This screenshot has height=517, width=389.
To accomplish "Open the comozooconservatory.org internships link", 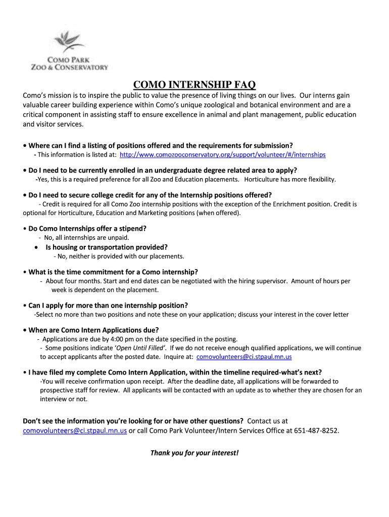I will (x=222, y=154).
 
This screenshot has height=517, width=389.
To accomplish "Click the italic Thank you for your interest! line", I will (x=194, y=452).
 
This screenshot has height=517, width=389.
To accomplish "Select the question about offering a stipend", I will (x=87, y=228).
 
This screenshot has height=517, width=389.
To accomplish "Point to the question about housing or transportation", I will (x=106, y=247).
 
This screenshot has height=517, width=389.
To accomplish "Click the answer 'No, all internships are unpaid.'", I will (x=86, y=237).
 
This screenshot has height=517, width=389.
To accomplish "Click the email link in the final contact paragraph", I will (x=75, y=431).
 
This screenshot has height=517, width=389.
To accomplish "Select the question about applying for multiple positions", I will (x=108, y=305).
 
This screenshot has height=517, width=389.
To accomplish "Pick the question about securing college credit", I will (x=150, y=195).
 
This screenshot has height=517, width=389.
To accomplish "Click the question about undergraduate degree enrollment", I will (x=162, y=170).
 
